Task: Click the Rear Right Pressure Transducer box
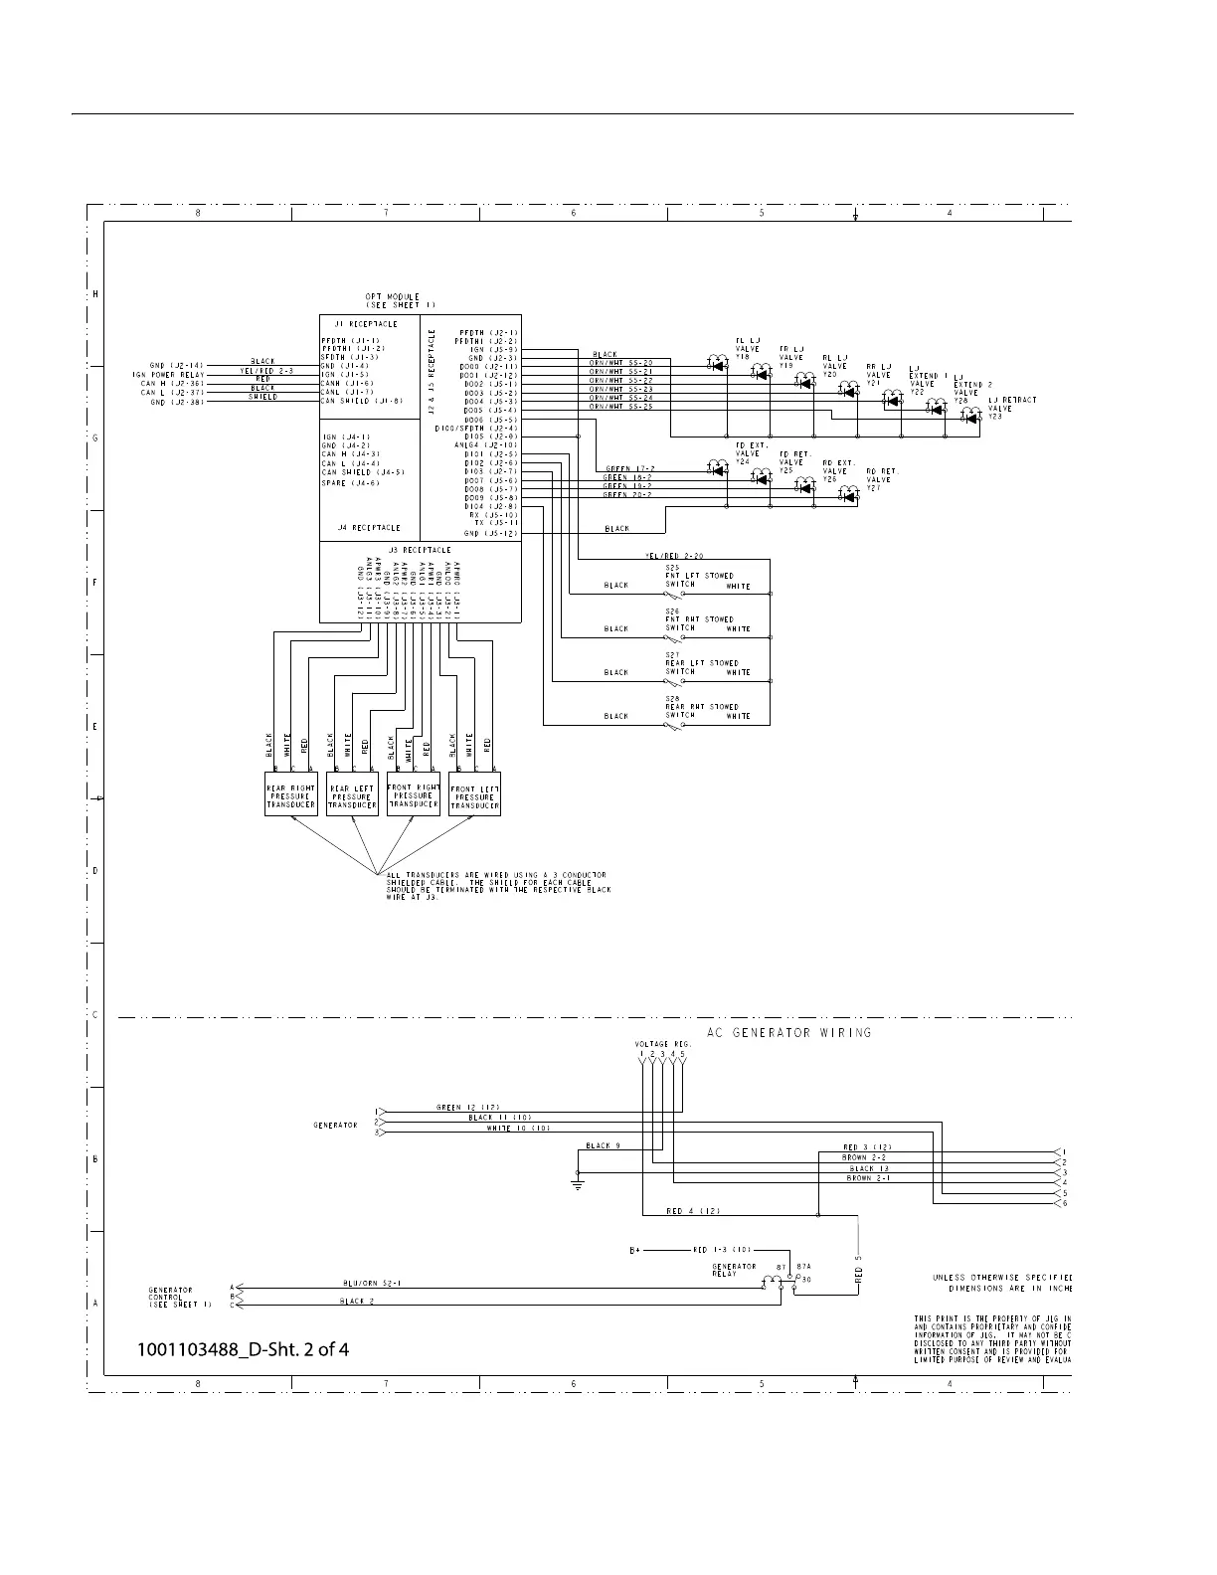(290, 795)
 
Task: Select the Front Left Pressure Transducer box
(474, 795)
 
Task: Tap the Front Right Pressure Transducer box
(413, 795)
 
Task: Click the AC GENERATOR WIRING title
(788, 1032)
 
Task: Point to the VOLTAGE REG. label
(655, 1043)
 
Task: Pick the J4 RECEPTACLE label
(368, 528)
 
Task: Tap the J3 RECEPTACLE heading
(419, 550)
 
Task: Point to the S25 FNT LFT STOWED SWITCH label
(699, 576)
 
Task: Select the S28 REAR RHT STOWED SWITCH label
(699, 707)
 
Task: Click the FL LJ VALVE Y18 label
(748, 349)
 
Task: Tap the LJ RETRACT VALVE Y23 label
(1011, 408)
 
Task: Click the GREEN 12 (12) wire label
(466, 1107)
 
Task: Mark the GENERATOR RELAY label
(734, 1270)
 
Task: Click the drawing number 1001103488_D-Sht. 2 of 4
(244, 1349)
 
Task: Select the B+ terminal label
(635, 1250)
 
